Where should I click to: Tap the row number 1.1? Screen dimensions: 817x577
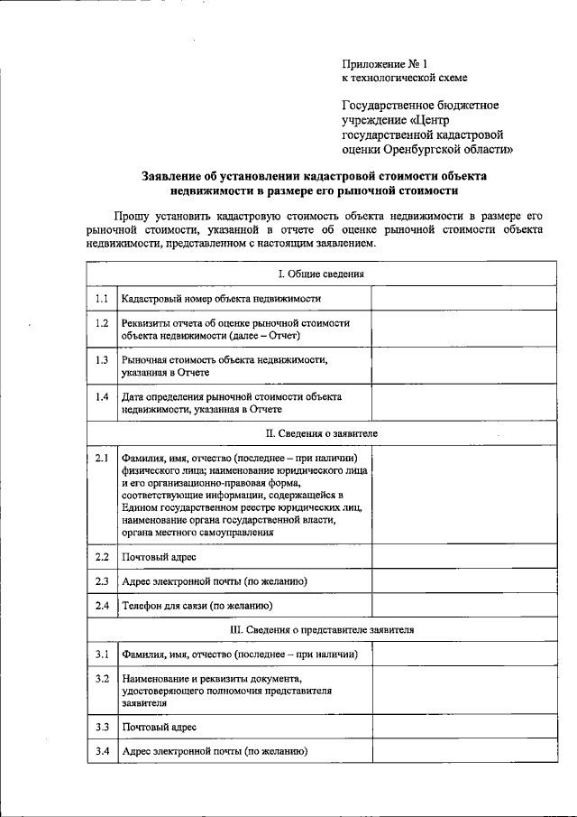(x=103, y=298)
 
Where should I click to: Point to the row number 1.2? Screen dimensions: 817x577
(x=103, y=322)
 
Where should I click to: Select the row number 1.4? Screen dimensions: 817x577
(x=103, y=396)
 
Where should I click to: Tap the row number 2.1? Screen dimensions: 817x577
(x=103, y=458)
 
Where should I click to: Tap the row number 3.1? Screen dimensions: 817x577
(x=103, y=654)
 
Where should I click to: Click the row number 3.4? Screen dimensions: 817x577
(x=103, y=751)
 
